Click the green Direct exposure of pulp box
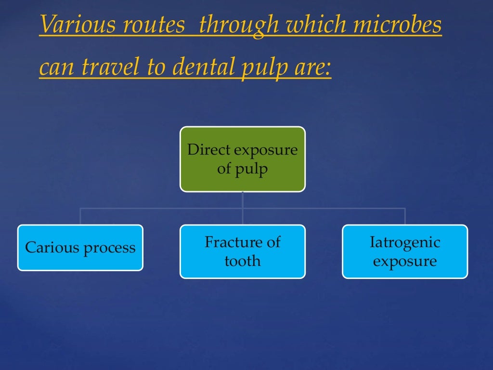click(x=243, y=159)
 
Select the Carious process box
click(x=80, y=248)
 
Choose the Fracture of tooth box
click(x=243, y=251)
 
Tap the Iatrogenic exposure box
click(x=405, y=251)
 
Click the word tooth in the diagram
click(x=243, y=261)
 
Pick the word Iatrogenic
click(x=405, y=242)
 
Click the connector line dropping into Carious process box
click(x=80, y=217)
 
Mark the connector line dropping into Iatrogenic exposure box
click(x=405, y=217)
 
